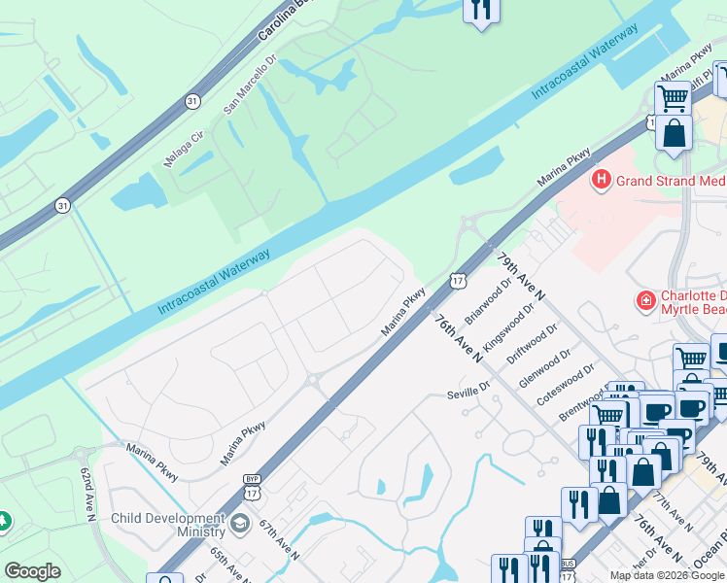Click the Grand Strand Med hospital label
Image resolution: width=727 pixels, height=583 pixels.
[671, 181]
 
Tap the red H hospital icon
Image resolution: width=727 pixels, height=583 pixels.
[602, 180]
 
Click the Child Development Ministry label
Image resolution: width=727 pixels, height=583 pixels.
[168, 526]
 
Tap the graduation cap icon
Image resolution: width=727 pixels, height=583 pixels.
[239, 525]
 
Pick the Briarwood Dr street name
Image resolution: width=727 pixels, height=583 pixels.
[488, 302]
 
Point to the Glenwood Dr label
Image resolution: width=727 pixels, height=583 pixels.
[539, 368]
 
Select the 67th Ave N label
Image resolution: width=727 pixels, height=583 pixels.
[280, 538]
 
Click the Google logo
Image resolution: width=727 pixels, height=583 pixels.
[32, 571]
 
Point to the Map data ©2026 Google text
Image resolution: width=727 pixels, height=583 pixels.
[667, 575]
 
